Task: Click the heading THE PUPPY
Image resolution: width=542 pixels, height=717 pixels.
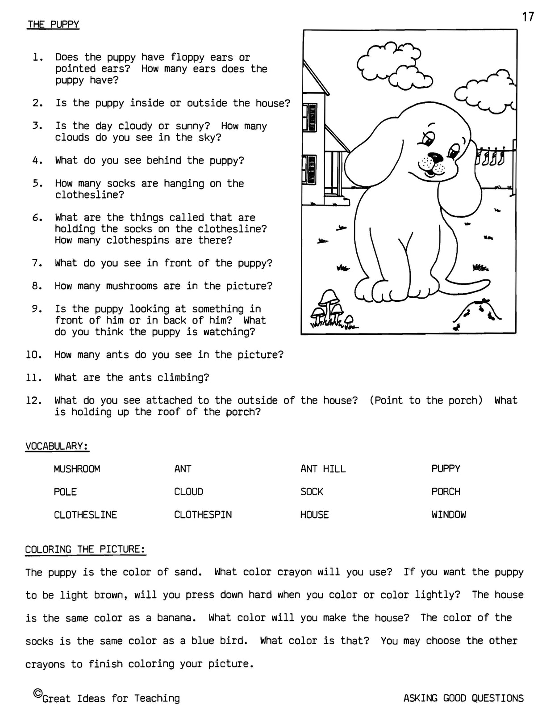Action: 53,24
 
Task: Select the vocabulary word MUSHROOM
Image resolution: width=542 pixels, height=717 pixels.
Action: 77,469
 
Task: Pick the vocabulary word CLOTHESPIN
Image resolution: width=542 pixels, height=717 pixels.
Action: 203,515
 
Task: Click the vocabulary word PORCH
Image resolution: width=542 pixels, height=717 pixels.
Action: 446,492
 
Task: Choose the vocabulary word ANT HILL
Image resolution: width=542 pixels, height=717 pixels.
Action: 323,469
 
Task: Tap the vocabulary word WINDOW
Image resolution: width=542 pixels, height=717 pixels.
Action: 448,515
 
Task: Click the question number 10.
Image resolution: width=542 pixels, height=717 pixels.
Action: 34,355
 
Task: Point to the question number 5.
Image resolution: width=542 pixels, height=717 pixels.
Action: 37,184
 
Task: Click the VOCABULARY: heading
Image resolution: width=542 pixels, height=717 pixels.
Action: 57,446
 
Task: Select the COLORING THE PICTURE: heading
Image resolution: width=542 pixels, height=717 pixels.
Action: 85,549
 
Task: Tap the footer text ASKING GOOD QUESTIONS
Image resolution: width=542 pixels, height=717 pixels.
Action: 463,698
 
